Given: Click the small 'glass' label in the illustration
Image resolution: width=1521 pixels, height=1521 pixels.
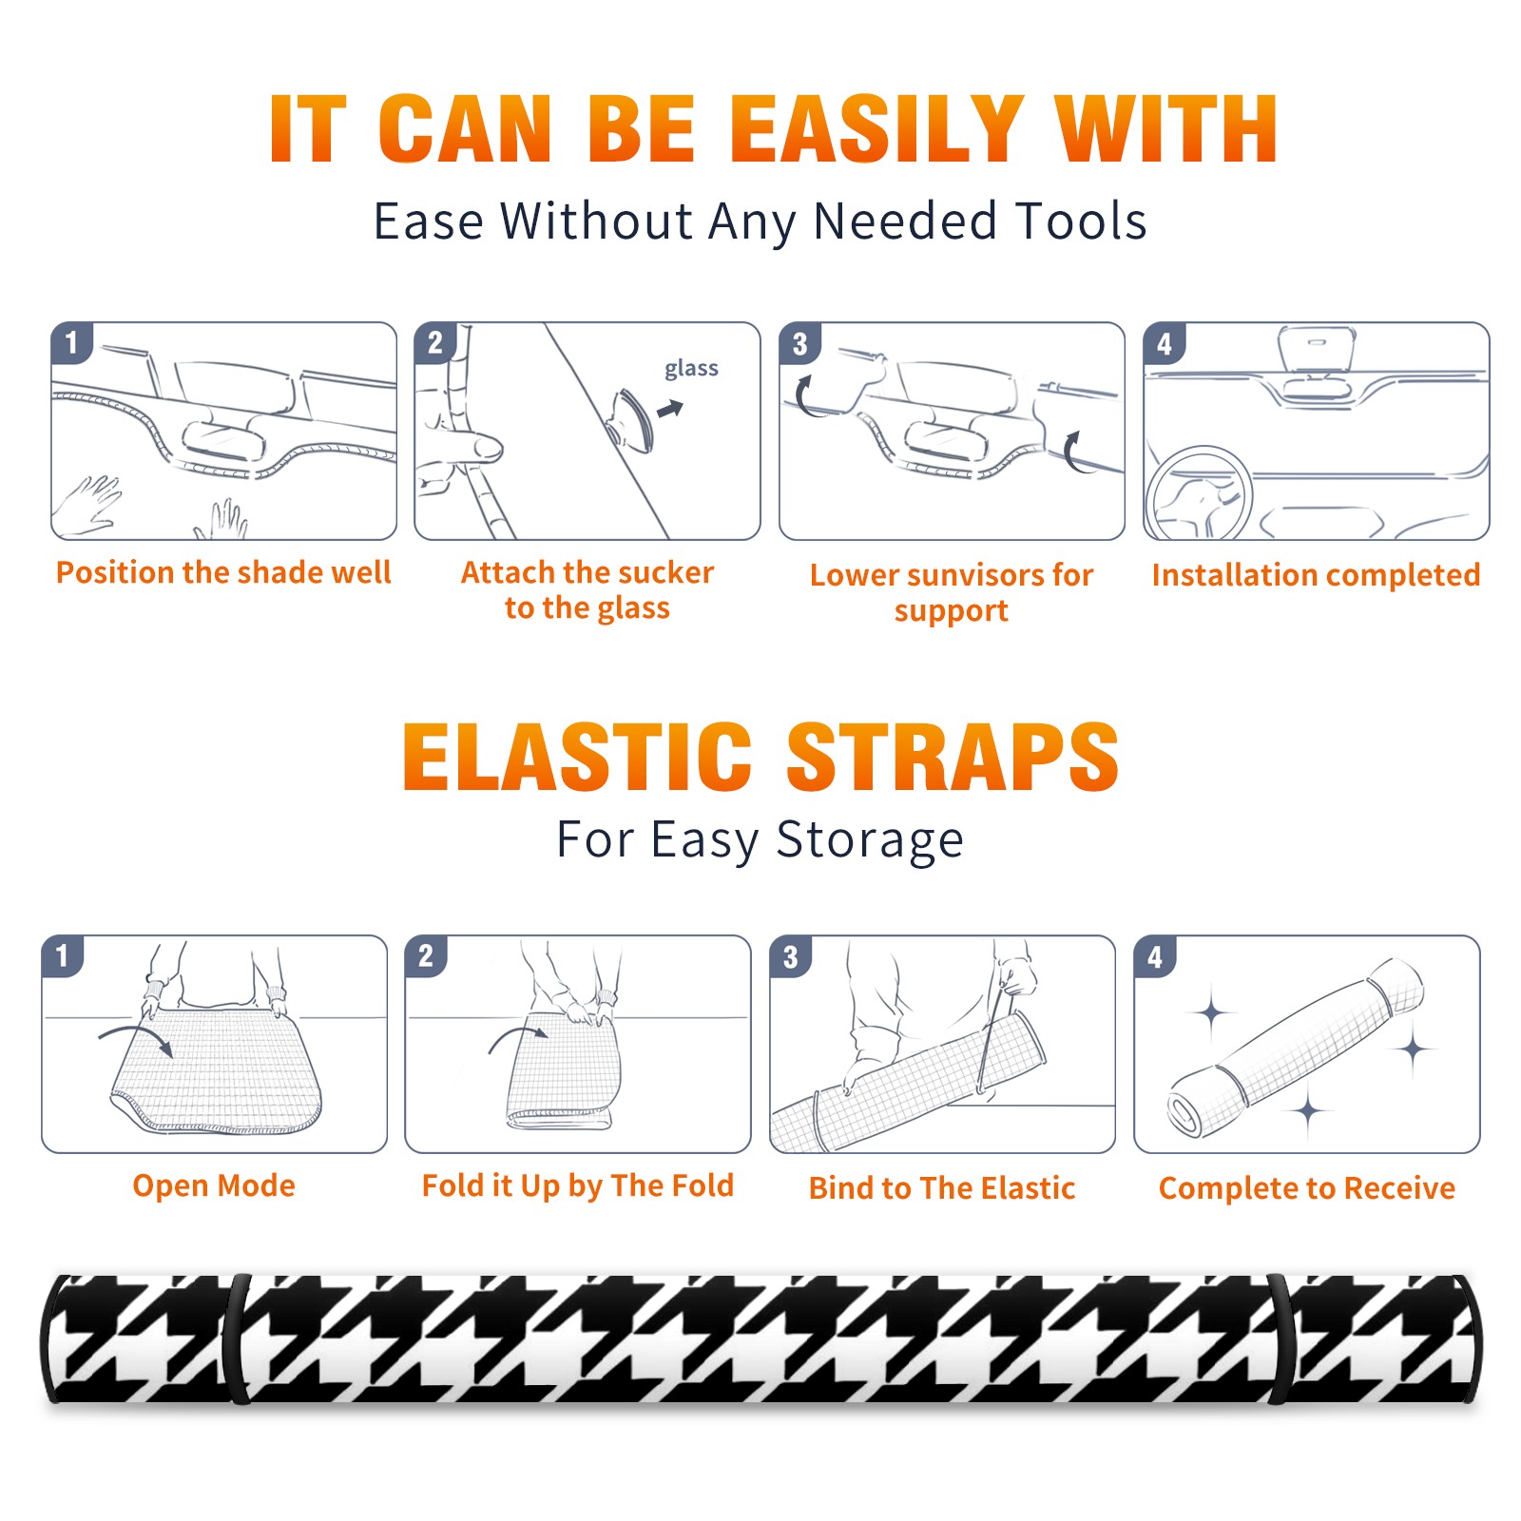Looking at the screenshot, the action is tap(691, 369).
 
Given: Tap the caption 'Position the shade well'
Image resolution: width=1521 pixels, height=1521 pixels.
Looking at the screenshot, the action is tap(223, 572).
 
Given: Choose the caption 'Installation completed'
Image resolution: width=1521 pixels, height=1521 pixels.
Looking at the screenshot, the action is tap(1316, 574).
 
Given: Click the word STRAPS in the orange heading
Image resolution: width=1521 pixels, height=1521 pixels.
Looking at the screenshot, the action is tap(953, 757).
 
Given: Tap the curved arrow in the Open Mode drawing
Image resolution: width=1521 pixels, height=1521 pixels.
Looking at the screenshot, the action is tap(135, 1036).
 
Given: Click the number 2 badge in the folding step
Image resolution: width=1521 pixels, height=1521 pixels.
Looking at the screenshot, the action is tap(426, 956).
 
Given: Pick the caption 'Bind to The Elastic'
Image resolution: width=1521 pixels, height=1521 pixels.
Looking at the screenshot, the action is tap(941, 1187).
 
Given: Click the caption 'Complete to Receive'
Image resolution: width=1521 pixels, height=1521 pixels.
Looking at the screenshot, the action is tap(1307, 1187).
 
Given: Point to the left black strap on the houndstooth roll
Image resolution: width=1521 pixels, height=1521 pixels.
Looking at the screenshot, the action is tap(238, 1338).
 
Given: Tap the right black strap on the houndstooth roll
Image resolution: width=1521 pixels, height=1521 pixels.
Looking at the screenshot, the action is tap(1280, 1338).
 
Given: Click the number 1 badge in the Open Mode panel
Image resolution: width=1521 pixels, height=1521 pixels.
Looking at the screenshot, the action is tap(63, 956).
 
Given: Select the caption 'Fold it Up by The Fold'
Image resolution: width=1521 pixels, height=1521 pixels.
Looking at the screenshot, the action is tap(578, 1185).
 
